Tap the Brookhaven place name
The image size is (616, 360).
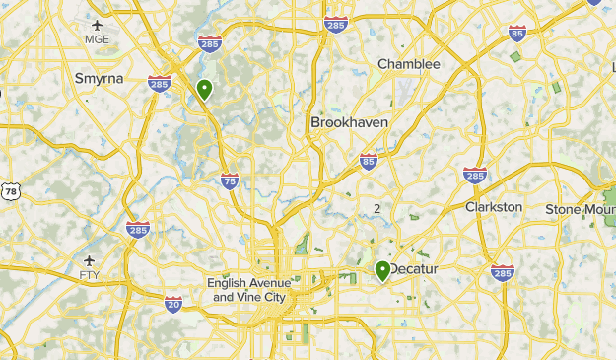(x=349, y=122)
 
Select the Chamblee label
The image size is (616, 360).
(x=409, y=64)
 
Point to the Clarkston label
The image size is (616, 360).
(x=494, y=207)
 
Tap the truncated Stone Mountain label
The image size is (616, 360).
(x=581, y=208)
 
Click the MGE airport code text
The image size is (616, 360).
(x=98, y=39)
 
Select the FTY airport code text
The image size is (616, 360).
(x=90, y=274)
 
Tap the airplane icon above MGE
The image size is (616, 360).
(x=97, y=24)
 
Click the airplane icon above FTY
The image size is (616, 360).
(x=90, y=259)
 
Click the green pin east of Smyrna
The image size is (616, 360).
(x=204, y=90)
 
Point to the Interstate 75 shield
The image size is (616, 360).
(x=230, y=180)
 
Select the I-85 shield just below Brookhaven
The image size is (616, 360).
(x=369, y=160)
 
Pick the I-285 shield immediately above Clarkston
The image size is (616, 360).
(x=475, y=175)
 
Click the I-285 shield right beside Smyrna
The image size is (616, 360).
(x=160, y=83)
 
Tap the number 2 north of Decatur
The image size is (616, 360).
(x=376, y=208)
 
